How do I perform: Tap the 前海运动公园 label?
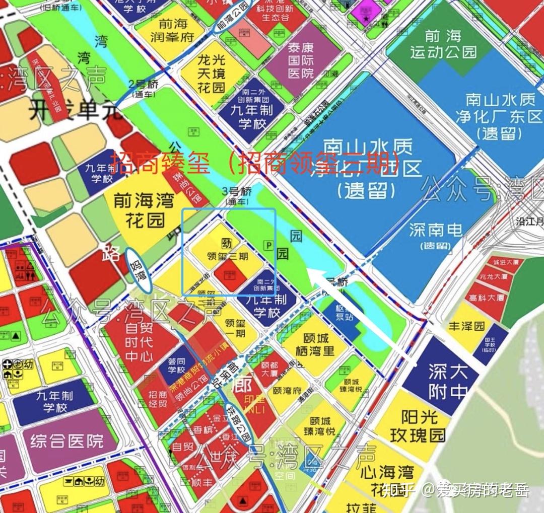click(443, 44)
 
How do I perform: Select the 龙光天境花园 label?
click(210, 74)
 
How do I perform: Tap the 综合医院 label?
click(66, 442)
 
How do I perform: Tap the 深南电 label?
click(436, 234)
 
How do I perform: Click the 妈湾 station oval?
click(138, 270)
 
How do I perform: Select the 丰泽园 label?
click(466, 326)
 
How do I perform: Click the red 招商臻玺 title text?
click(166, 163)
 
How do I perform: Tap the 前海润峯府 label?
click(173, 30)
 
